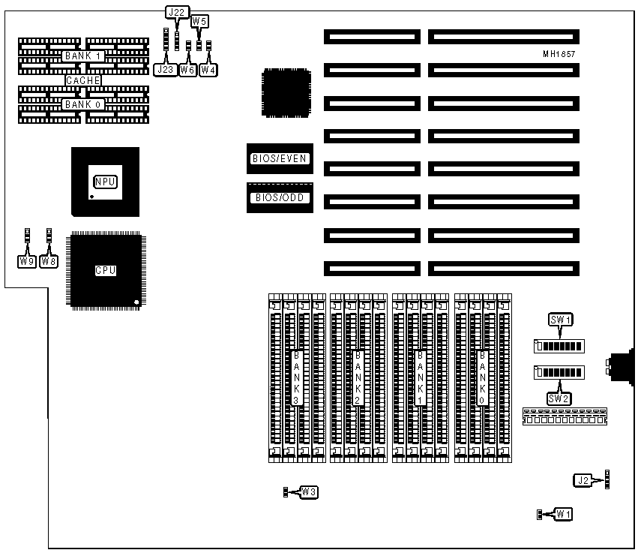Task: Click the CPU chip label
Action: coord(105,271)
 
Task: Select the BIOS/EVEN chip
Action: coord(279,158)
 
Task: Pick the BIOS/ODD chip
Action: coord(279,198)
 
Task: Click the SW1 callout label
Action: coord(561,320)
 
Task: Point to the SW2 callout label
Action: coord(559,398)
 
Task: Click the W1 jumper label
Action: coord(563,514)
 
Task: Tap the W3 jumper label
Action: coord(308,492)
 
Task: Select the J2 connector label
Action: coord(583,480)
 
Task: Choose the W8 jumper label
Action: coord(49,262)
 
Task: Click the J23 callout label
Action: coord(165,70)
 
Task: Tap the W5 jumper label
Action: coord(199,22)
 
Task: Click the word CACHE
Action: coord(82,80)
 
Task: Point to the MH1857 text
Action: coord(560,54)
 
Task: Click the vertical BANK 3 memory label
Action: coord(297,378)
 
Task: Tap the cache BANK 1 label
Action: coord(82,57)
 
